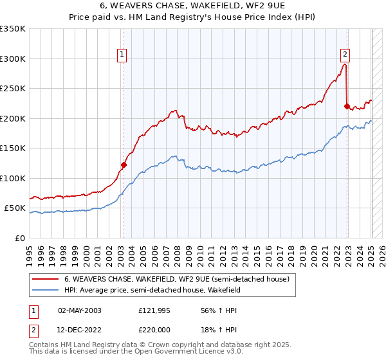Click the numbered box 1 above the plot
(x=122, y=55)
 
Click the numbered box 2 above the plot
(x=345, y=55)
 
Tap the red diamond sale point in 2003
(x=124, y=165)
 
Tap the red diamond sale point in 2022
(x=347, y=107)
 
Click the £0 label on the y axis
(x=21, y=238)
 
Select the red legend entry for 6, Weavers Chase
(x=176, y=279)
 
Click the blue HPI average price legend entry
(x=151, y=291)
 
